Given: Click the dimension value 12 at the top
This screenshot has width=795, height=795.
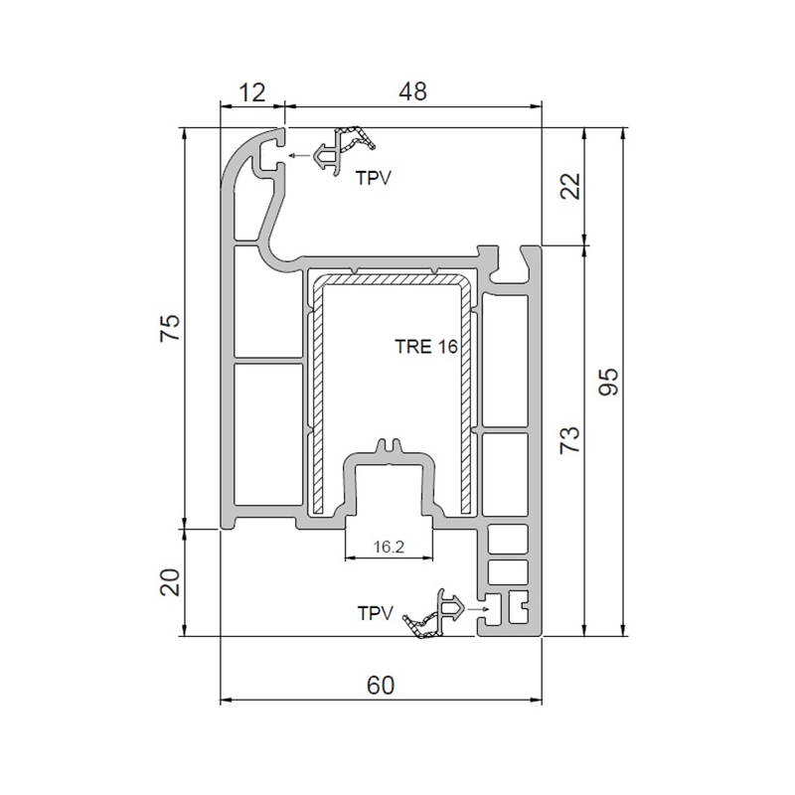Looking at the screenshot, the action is click(x=252, y=92).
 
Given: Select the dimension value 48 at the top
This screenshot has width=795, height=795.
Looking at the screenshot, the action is click(x=412, y=91).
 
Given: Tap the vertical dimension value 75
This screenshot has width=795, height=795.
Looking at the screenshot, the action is click(x=170, y=328).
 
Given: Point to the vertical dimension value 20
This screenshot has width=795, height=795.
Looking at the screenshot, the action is click(x=170, y=581).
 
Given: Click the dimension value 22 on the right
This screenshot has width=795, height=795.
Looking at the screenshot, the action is click(x=570, y=186).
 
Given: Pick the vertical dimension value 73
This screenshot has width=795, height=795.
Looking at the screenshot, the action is click(x=569, y=439).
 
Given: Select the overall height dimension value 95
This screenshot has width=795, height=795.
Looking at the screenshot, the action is click(x=608, y=382).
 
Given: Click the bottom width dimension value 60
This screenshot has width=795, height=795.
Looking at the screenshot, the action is click(x=381, y=686).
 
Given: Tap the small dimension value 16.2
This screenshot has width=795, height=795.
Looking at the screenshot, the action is click(x=389, y=547).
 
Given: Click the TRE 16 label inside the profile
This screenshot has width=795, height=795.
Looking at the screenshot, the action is click(x=426, y=347).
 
